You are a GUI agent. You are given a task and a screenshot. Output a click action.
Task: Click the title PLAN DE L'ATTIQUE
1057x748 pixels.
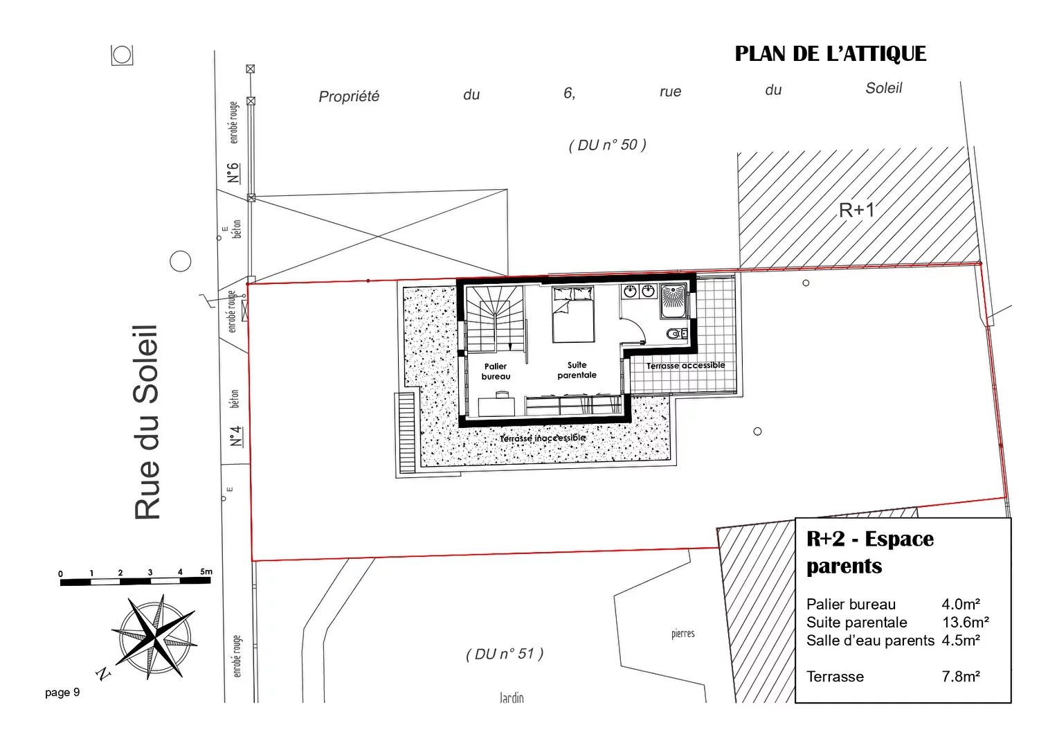point(830,54)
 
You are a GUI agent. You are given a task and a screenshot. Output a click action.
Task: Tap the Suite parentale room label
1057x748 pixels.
point(577,370)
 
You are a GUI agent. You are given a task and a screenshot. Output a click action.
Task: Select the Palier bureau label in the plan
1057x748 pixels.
point(496,371)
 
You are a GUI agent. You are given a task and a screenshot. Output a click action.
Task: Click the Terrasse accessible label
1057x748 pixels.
point(685,366)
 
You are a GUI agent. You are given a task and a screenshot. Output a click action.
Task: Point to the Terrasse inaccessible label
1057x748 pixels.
point(542,438)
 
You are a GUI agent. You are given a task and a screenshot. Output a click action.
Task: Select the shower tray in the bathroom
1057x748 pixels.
point(674,300)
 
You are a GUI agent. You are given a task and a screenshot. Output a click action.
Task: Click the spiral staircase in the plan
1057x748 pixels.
point(495,319)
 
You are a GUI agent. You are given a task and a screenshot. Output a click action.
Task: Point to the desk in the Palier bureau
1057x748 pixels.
point(496,406)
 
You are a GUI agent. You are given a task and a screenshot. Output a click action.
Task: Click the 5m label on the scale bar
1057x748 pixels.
point(206,571)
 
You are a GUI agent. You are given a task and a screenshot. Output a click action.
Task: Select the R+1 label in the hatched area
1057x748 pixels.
point(856,210)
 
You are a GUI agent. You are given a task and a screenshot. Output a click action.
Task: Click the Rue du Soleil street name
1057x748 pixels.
point(146,422)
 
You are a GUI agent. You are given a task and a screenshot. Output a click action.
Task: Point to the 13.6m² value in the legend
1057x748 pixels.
point(966,623)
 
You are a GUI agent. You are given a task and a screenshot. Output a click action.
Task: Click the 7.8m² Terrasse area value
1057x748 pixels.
point(961,677)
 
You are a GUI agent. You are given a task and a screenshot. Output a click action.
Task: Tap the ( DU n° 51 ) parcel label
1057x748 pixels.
point(505,654)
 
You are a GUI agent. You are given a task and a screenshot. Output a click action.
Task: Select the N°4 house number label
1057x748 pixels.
point(236,436)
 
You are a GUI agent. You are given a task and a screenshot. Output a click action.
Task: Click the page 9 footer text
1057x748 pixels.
point(62,693)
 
